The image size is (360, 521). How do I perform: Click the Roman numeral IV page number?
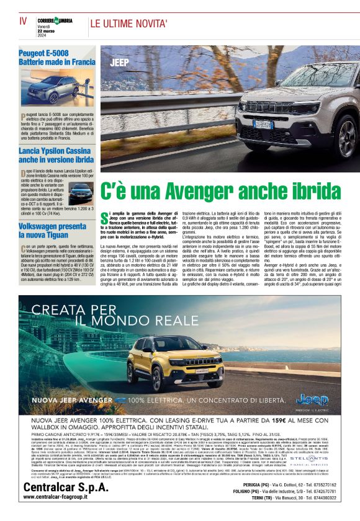click(23, 20)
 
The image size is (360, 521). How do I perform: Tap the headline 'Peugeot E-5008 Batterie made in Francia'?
click(56, 58)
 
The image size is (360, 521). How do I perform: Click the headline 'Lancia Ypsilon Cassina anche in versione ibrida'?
click(56, 155)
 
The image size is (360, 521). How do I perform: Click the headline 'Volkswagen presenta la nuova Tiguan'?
click(52, 231)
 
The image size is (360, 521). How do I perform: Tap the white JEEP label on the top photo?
click(119, 63)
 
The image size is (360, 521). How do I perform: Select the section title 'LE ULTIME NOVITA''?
click(130, 24)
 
